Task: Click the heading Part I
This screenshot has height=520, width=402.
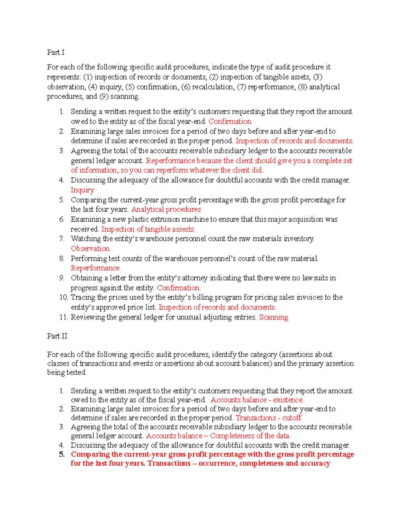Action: [x=56, y=52]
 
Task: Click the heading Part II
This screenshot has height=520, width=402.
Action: [x=57, y=336]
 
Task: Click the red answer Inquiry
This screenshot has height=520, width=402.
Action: [x=82, y=190]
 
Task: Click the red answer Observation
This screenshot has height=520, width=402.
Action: [x=90, y=248]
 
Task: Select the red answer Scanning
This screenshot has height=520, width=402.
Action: [x=273, y=317]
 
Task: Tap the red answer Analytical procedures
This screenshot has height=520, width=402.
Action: [x=166, y=209]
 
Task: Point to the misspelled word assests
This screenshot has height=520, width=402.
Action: [x=184, y=229]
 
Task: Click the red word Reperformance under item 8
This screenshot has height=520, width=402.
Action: [x=95, y=268]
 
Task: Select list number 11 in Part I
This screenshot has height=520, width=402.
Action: [x=63, y=317]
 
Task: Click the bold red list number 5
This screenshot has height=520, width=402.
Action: [x=62, y=454]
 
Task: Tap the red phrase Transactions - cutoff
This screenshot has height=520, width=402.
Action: [x=268, y=418]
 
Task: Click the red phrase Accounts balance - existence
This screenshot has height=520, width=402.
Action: [x=257, y=400]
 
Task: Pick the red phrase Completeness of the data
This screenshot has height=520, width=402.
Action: [x=250, y=436]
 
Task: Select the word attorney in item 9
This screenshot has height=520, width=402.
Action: [x=194, y=278]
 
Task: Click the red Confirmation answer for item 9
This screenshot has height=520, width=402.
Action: [x=179, y=288]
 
